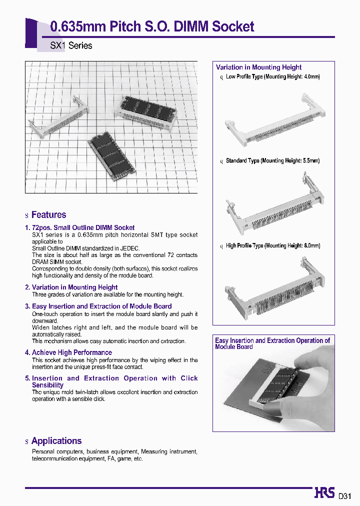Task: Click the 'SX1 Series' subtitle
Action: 71,45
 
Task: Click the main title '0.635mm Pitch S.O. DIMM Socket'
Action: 152,26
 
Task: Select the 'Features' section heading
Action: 48,215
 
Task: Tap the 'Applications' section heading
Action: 56,441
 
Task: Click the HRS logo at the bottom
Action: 324,493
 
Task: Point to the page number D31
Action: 345,496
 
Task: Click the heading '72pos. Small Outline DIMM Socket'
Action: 83,227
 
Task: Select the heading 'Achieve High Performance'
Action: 71,352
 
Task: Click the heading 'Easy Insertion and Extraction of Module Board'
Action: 101,306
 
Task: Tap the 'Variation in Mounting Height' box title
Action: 258,67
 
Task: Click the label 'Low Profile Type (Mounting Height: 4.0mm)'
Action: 272,77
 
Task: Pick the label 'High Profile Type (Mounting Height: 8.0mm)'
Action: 273,246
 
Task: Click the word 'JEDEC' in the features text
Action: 129,248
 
